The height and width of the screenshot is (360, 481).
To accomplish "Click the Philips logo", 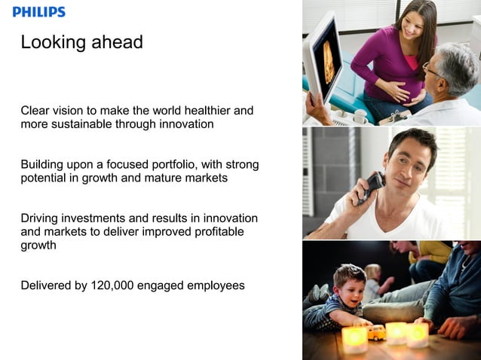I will (39, 12).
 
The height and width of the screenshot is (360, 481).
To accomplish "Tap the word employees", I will (213, 285).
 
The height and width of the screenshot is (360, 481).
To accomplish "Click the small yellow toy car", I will (375, 331).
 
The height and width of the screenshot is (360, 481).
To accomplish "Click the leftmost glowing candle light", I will (354, 340).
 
